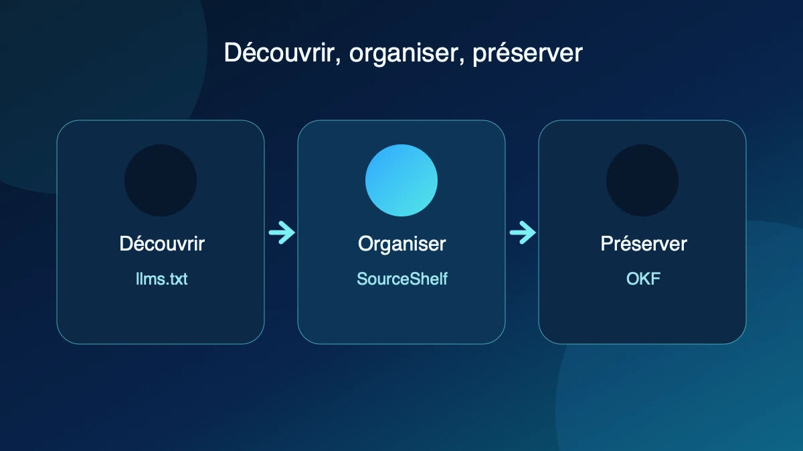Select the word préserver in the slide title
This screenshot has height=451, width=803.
point(528,53)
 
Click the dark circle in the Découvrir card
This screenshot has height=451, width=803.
point(161,180)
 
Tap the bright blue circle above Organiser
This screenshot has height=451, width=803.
point(401,180)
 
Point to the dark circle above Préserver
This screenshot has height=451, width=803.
point(642,180)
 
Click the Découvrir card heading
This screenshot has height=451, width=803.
point(162,244)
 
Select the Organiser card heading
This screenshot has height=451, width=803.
point(402,245)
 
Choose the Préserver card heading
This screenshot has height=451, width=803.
point(644,244)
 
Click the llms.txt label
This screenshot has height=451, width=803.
point(162,279)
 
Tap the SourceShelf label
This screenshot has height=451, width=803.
point(402,279)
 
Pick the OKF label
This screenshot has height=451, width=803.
point(644,279)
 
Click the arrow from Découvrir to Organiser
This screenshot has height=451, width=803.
point(282,233)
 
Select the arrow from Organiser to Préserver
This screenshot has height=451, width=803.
point(523,233)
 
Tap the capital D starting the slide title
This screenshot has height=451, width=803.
point(232,53)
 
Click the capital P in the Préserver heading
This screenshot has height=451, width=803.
point(608,244)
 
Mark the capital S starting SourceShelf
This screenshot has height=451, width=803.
point(363,279)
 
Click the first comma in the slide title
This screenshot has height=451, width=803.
point(338,62)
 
